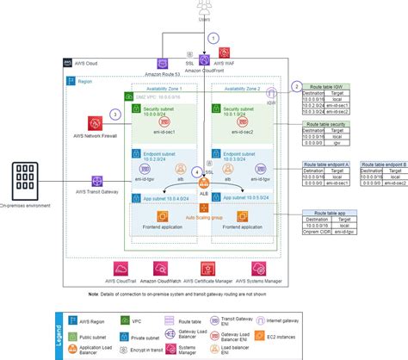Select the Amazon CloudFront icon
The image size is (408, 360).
tap(204, 60)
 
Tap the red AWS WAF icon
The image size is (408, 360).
tap(223, 54)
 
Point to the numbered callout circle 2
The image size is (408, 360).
tap(295, 86)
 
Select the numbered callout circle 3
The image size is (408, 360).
tap(114, 115)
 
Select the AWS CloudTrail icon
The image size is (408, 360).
tap(120, 269)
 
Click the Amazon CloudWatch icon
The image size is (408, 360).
tap(164, 269)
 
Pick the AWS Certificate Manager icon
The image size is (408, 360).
tap(207, 269)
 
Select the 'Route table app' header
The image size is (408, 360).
tap(330, 212)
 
